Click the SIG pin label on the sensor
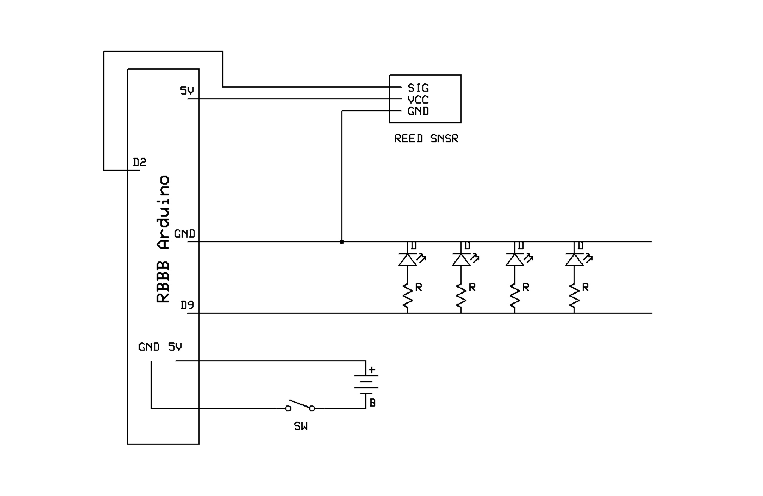418,88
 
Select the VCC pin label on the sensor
418,100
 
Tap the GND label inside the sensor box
418,111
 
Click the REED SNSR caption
426,138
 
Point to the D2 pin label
139,162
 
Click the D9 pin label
187,305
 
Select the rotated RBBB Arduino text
163,239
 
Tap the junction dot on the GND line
342,242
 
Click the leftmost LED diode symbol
407,260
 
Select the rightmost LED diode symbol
574,260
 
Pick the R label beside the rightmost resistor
585,287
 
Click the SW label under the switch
301,426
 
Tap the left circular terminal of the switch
288,408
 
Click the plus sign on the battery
372,370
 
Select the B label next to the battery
372,403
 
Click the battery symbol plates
366,384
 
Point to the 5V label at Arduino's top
187,91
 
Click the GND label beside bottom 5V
149,347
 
